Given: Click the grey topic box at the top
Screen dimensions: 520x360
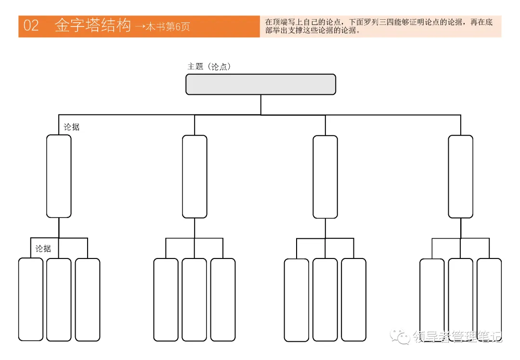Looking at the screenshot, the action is pos(260,84).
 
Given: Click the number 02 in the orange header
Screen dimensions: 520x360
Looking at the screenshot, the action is pos(31,26).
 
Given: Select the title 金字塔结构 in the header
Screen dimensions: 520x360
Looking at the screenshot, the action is pos(92,26).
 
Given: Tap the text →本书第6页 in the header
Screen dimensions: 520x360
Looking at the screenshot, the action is pos(163,26).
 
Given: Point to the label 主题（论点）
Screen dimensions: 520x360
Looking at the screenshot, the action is pos(209,67).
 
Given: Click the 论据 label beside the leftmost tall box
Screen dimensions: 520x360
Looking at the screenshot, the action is pos(72,128).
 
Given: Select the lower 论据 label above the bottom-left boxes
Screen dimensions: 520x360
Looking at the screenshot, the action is pos(43,249).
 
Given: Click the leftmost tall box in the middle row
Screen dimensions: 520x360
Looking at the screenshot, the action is pos(59,176).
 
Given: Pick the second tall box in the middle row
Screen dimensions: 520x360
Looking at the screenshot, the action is pos(195,177).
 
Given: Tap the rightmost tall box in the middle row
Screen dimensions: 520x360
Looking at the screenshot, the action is pos(460,177).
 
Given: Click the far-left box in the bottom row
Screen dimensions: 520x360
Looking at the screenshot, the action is pos(30,299).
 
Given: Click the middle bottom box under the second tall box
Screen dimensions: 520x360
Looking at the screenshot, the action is pos(194,299).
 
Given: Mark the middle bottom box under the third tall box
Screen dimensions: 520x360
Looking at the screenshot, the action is pos(325,299).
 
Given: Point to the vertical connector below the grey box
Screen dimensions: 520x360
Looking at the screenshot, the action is pos(261,104).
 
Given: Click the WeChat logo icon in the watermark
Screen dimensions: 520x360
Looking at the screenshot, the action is pos(401,336).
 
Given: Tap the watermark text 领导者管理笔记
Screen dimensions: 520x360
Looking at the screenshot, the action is pos(458,336).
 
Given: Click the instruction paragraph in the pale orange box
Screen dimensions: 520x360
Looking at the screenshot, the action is pos(379,26).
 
